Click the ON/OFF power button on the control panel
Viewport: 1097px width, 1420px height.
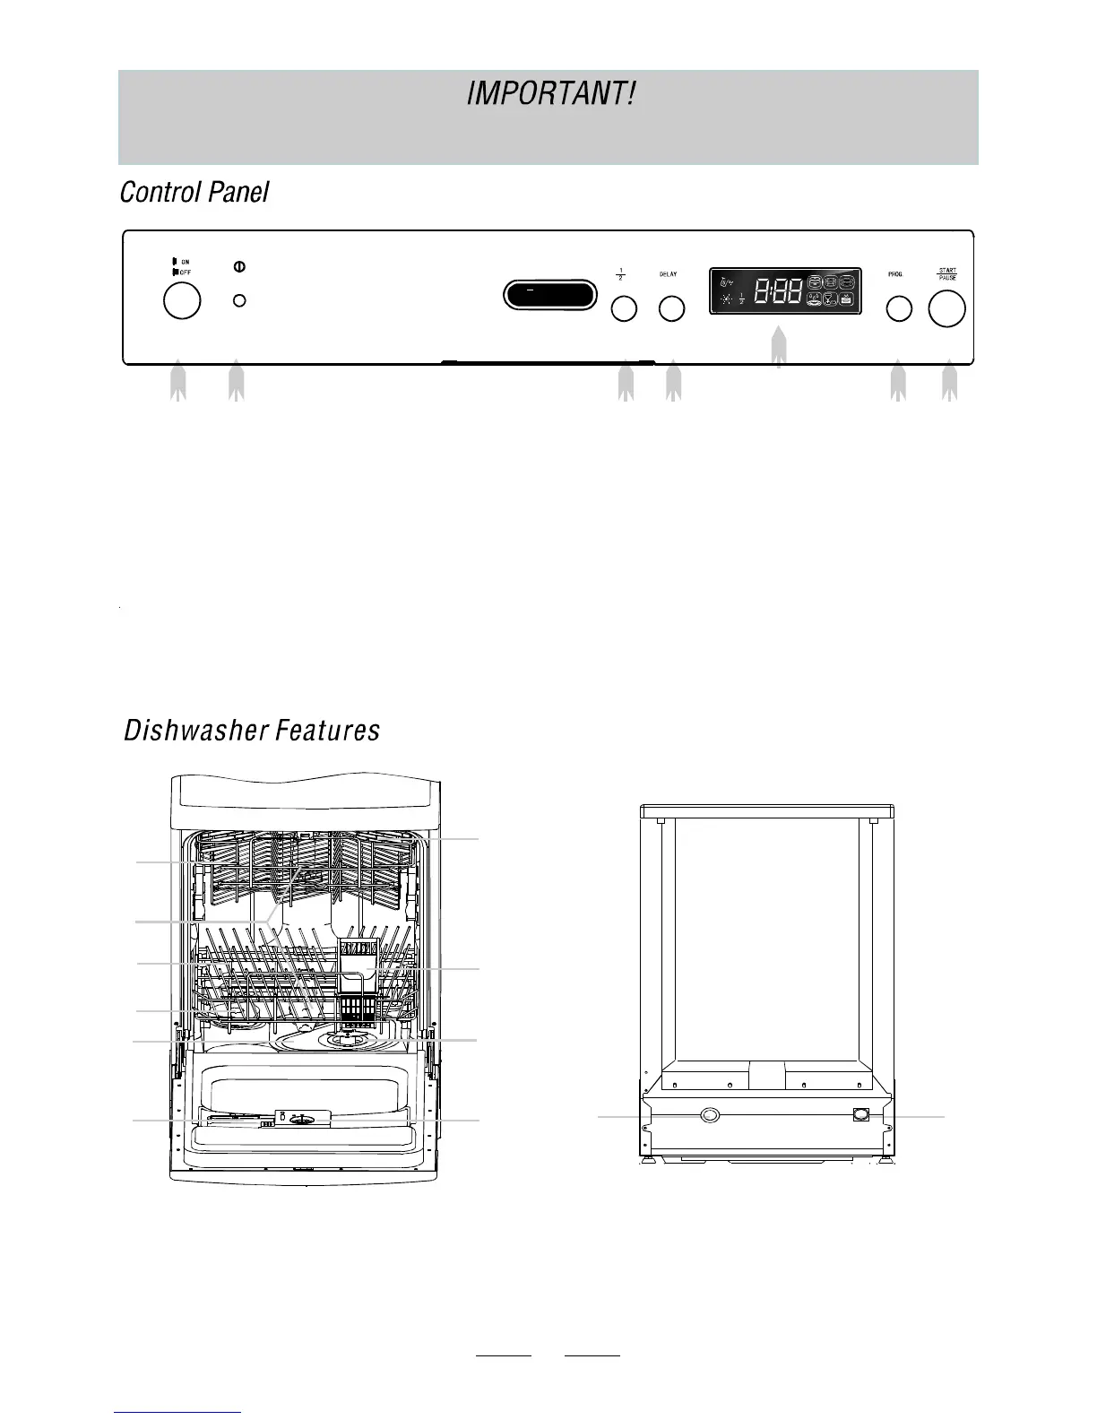[182, 300]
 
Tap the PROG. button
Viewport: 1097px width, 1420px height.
[899, 308]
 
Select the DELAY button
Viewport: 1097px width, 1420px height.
[671, 308]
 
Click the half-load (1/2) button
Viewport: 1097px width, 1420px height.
[624, 308]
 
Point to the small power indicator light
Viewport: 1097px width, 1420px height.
[238, 300]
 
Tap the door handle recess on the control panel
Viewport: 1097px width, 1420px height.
[549, 294]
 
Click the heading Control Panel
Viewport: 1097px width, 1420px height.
[194, 192]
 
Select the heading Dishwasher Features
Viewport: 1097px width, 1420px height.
[251, 731]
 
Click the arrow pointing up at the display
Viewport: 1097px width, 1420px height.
[779, 348]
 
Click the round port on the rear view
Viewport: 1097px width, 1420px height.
[709, 1114]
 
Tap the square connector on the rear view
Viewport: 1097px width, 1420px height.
[861, 1114]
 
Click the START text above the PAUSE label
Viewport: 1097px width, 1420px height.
[946, 270]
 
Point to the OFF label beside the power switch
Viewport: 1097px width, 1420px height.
[186, 271]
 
